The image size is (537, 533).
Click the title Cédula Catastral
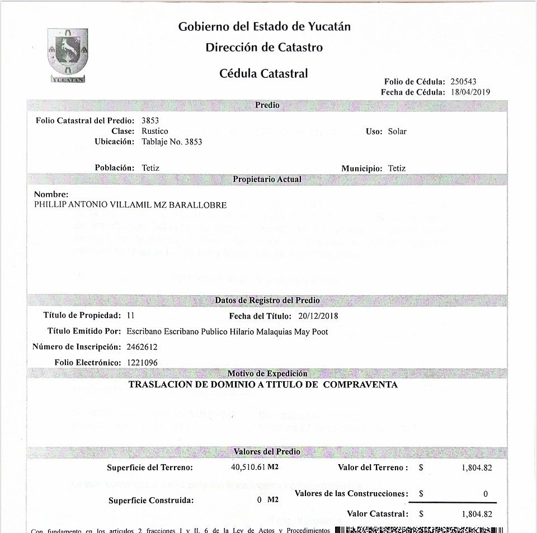[x=263, y=73]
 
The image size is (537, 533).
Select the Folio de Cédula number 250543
[x=463, y=82]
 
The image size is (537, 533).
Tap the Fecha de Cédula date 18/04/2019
[x=470, y=92]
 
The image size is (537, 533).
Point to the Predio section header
[x=267, y=105]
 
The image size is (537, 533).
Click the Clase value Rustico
[x=155, y=131]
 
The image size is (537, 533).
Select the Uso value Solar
[x=397, y=132]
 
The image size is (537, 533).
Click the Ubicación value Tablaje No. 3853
[x=172, y=142]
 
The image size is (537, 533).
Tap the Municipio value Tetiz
[x=397, y=168]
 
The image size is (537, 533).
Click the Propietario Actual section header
[x=267, y=180]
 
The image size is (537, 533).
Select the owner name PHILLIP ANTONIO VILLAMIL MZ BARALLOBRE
[x=130, y=205]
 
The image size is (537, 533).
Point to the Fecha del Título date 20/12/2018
[x=318, y=316]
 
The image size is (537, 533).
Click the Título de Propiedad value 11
[x=131, y=316]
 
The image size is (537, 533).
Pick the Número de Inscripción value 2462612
[x=142, y=347]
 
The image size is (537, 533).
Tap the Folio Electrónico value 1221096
[x=142, y=363]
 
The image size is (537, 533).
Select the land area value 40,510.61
[x=247, y=467]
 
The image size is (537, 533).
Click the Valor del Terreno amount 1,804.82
[x=477, y=468]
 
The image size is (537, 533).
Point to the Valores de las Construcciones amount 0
[x=486, y=494]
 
